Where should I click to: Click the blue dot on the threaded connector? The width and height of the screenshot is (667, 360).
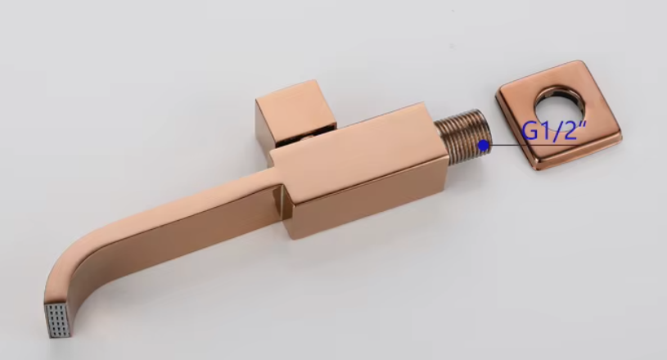(484, 145)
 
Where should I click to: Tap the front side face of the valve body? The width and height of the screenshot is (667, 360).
(368, 192)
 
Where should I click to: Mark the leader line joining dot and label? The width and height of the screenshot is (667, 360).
(503, 146)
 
